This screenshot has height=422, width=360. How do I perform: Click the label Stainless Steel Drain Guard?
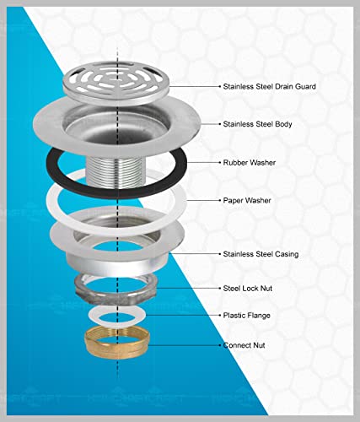pos(269,86)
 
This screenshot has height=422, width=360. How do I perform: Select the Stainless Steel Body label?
pos(257,124)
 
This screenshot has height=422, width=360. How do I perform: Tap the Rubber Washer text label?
pos(250,162)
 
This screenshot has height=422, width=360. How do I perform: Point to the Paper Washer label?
pos(247,200)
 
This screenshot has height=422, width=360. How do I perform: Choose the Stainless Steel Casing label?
pos(261,254)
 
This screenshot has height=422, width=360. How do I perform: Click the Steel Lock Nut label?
pos(248,288)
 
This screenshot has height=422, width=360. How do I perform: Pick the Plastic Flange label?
pos(246,316)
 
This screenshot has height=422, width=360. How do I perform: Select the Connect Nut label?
pos(244,345)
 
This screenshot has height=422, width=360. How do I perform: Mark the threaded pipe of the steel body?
pos(117,172)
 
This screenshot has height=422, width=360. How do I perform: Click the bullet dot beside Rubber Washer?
pos(220,162)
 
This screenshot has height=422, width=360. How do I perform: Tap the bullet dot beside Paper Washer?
pos(220,200)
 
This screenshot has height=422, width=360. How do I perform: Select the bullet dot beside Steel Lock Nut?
pos(220,288)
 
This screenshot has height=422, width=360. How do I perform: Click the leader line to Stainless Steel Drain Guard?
pos(194,86)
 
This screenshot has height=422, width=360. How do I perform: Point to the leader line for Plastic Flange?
pos(182,316)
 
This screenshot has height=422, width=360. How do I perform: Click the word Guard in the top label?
pos(305,86)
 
